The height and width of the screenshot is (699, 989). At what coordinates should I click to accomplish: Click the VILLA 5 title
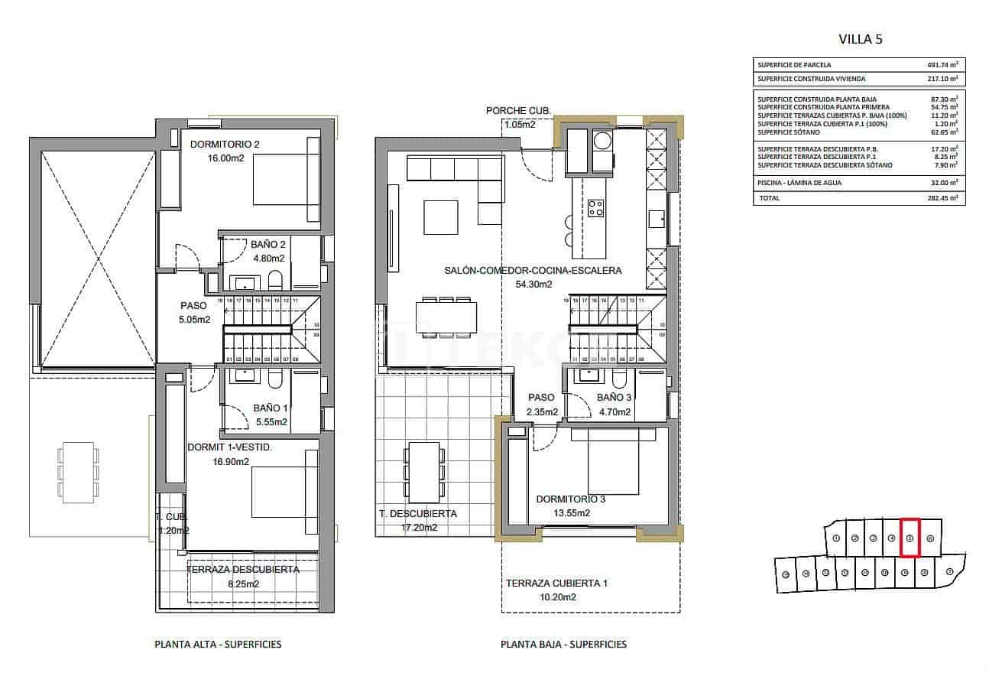[x=860, y=39]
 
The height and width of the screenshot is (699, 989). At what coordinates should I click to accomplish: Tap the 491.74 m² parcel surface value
[x=942, y=65]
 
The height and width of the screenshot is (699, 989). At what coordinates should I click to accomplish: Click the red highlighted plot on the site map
[x=910, y=537]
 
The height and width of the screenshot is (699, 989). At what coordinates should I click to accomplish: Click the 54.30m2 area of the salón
[x=533, y=284]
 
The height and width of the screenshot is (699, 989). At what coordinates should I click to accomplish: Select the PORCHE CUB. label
[x=518, y=111]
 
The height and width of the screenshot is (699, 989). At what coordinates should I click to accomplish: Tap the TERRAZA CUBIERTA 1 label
[x=556, y=584]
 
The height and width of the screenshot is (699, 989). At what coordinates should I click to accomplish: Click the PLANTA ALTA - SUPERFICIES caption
[x=218, y=645]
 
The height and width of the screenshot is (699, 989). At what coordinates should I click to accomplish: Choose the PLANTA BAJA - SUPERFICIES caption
[x=563, y=645]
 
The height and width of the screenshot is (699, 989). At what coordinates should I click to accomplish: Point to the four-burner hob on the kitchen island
[x=595, y=208]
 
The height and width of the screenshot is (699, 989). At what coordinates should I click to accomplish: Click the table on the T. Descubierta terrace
[x=424, y=472]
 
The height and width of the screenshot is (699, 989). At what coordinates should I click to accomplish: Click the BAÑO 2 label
[x=268, y=245]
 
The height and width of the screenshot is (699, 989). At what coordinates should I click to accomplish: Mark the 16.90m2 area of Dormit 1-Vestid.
[x=231, y=461]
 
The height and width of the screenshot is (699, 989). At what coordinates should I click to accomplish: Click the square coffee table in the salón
[x=442, y=218]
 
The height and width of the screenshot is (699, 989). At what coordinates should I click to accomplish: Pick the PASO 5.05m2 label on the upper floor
[x=194, y=313]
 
